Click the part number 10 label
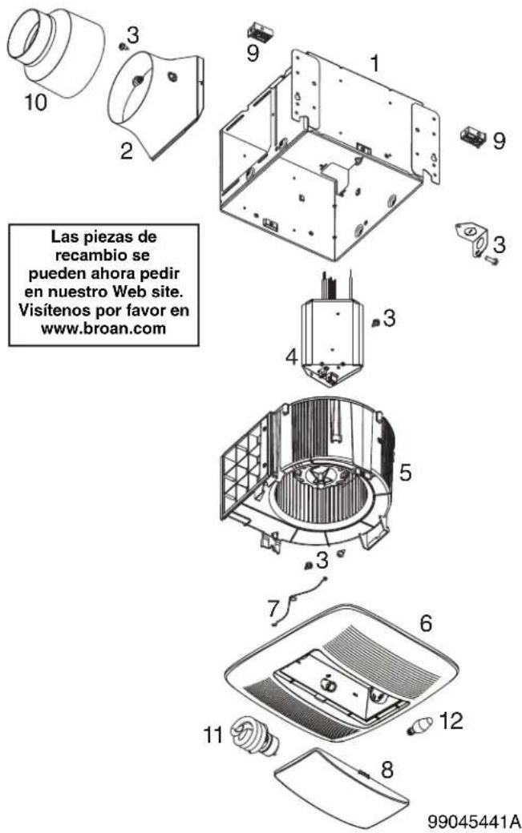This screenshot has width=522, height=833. [35, 102]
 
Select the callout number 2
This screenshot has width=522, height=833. [126, 151]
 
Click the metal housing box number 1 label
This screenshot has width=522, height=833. [375, 63]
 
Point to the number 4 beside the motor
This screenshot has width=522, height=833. [291, 356]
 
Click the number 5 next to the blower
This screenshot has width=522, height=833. [405, 472]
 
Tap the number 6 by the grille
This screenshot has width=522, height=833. [426, 622]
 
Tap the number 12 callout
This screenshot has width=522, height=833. [451, 722]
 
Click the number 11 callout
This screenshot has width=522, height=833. [212, 735]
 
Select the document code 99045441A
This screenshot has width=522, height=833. [474, 821]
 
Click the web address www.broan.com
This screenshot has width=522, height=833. [103, 328]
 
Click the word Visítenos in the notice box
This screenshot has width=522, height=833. [51, 309]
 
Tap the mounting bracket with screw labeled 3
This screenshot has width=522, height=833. [475, 243]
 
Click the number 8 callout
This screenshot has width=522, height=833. [387, 769]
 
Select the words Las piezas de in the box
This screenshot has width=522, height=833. [103, 235]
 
